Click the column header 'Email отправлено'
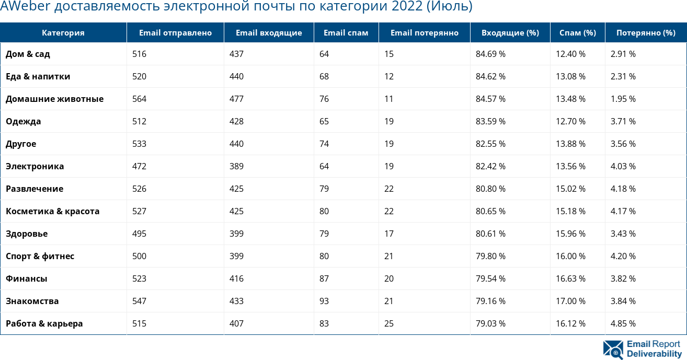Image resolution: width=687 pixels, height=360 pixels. pos(175,33)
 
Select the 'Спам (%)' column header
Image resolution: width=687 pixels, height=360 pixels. pos(577,33)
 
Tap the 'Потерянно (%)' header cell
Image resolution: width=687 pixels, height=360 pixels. pos(645,33)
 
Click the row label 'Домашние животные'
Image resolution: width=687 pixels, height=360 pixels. pos(54,99)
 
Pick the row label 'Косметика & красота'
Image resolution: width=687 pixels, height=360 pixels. pos(52,212)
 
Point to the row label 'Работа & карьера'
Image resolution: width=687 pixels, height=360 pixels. pos(44,324)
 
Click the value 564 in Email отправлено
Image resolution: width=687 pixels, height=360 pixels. pos(139,99)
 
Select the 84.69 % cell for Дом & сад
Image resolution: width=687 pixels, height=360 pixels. pos(490,54)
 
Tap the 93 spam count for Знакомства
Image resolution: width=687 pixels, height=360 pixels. pos(324,301)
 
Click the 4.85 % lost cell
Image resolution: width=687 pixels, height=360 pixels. pos(623,324)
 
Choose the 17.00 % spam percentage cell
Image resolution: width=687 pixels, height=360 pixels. pos(570,301)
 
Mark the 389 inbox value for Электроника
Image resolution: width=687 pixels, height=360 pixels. pos(236,167)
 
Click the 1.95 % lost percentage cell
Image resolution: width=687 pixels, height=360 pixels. pos(623,99)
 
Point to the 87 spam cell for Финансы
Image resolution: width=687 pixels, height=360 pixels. pos(324,279)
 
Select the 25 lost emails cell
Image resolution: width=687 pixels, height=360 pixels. pos(389,324)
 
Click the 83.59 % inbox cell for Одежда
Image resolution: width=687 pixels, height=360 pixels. pos(490,122)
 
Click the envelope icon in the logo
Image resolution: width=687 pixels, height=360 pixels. pos(613,350)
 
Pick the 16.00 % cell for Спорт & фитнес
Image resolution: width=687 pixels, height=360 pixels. pos(570,257)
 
